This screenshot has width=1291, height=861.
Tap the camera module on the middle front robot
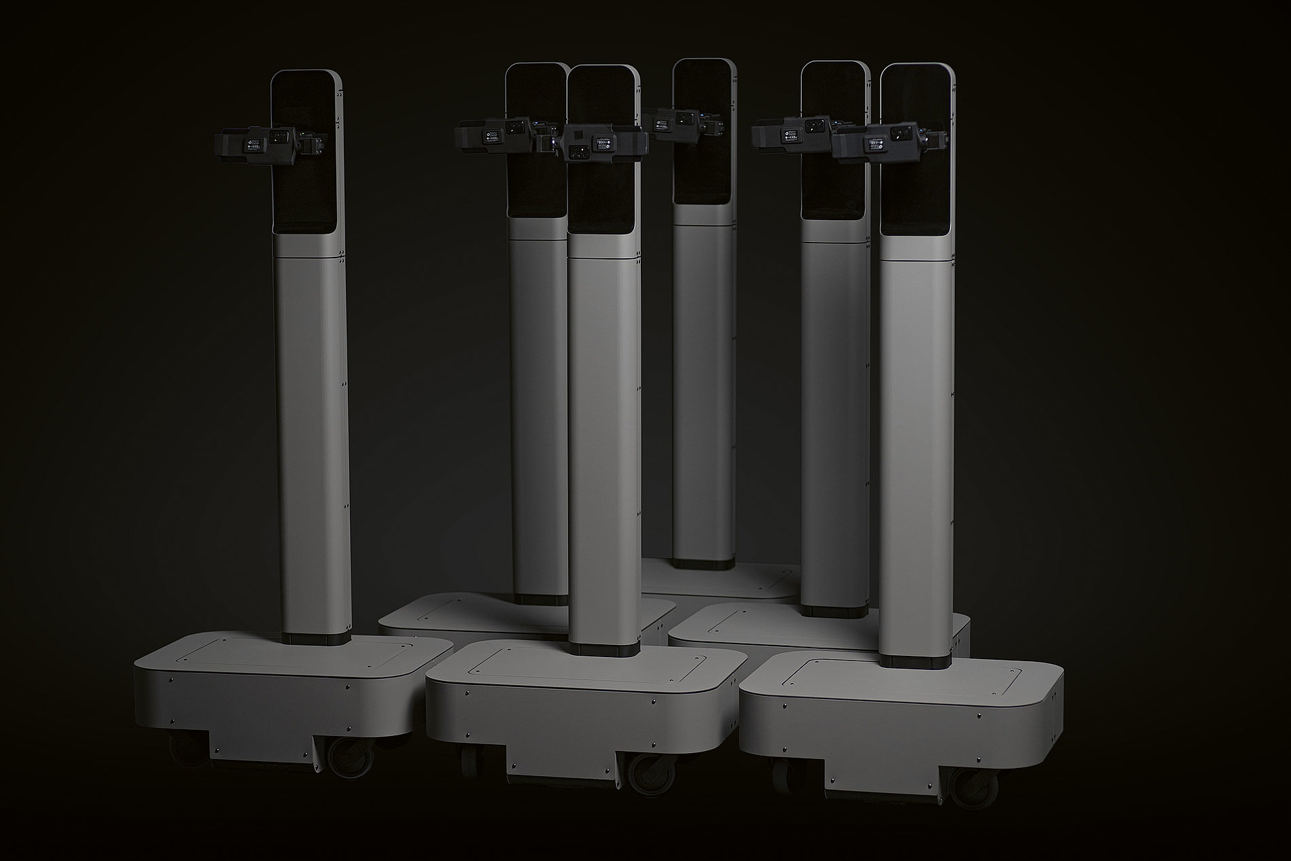(604, 143)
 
